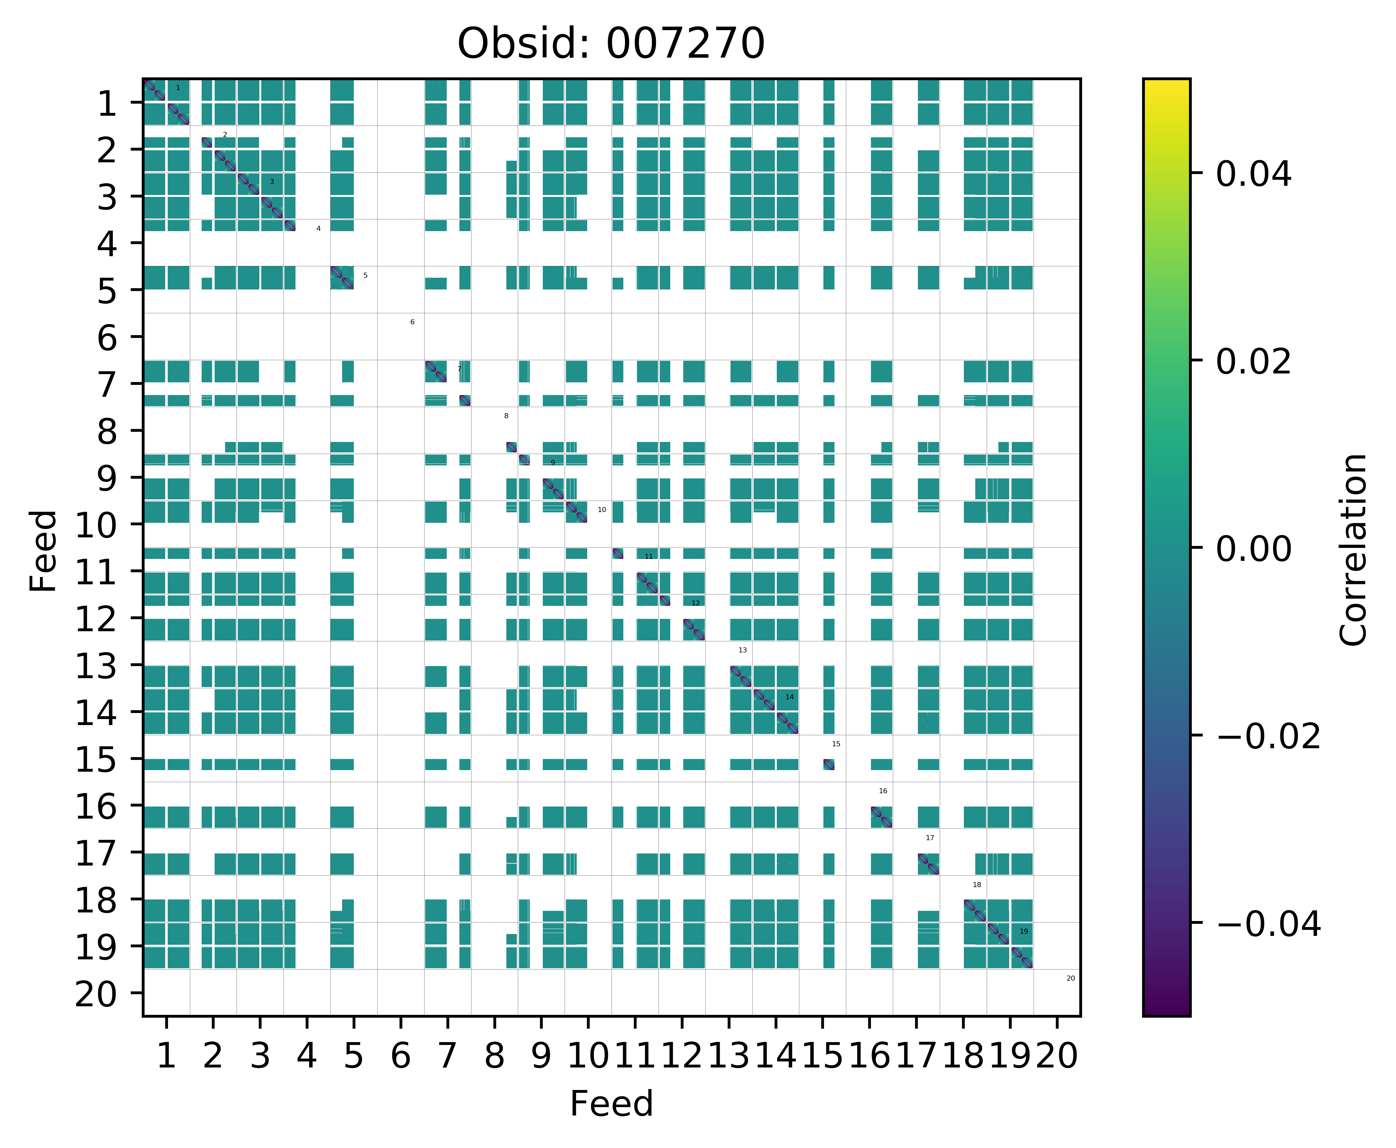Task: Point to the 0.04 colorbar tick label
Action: pyautogui.click(x=1253, y=175)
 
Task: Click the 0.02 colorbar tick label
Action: pyautogui.click(x=1253, y=362)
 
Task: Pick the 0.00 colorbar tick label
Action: pyautogui.click(x=1253, y=549)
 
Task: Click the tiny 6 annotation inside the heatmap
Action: pyautogui.click(x=412, y=322)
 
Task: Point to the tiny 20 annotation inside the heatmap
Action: pyautogui.click(x=1071, y=978)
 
